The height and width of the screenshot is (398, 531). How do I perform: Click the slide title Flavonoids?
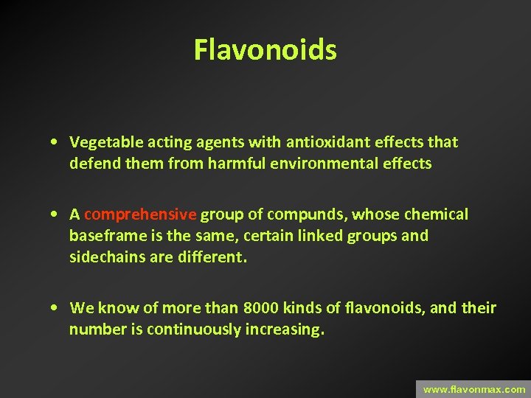(x=265, y=50)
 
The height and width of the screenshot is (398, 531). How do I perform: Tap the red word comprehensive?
(x=140, y=214)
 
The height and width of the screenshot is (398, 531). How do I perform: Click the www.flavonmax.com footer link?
(x=474, y=389)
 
